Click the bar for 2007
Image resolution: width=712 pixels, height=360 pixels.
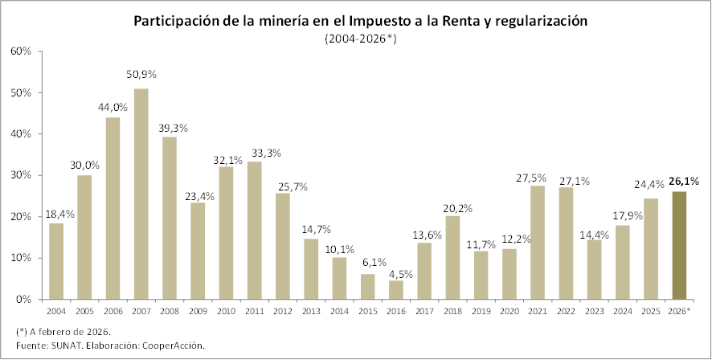click(x=141, y=194)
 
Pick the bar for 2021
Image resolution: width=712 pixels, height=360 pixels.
click(x=538, y=242)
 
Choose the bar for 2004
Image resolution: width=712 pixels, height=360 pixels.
click(x=55, y=261)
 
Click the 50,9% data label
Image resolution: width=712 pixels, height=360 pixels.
click(x=141, y=75)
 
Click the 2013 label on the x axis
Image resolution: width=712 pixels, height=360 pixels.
click(x=311, y=310)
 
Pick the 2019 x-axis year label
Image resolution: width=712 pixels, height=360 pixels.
click(x=481, y=310)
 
